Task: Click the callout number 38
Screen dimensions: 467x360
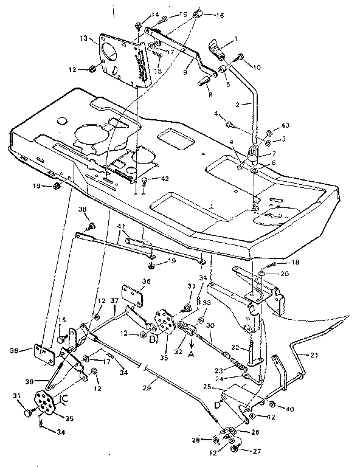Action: pos(83,209)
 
